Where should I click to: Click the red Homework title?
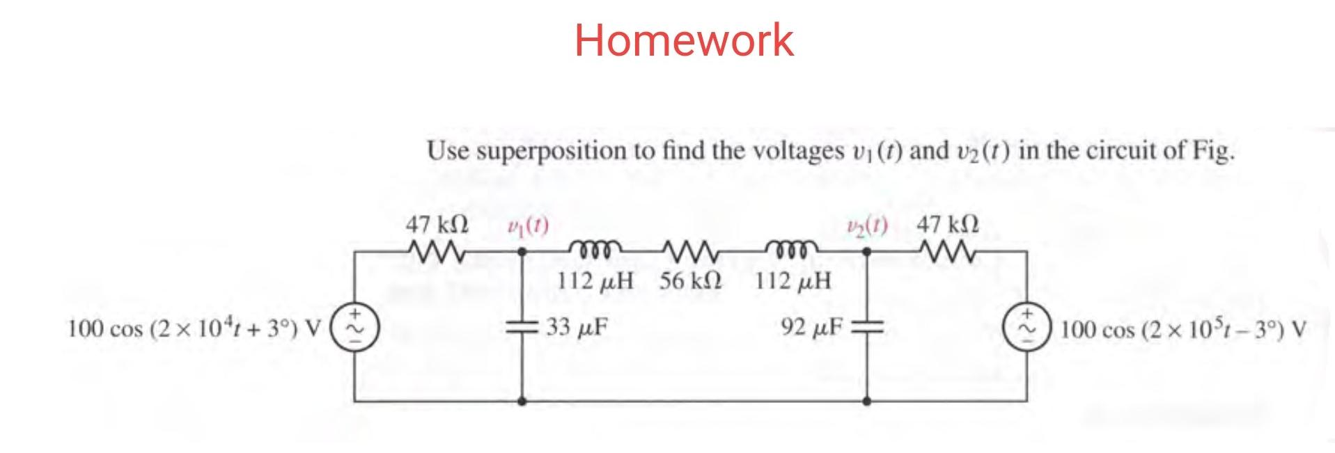683,40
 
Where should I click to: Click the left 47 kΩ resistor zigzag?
437,248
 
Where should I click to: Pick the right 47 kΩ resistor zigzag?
949,248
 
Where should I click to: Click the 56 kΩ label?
690,281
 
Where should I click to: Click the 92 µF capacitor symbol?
867,326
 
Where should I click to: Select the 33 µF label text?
577,326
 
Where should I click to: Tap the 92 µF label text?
812,326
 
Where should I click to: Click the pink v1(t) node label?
527,225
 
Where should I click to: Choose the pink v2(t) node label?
866,225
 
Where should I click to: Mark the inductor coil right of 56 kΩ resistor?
791,248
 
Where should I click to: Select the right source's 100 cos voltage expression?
1183,328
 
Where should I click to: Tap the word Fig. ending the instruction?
1213,150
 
